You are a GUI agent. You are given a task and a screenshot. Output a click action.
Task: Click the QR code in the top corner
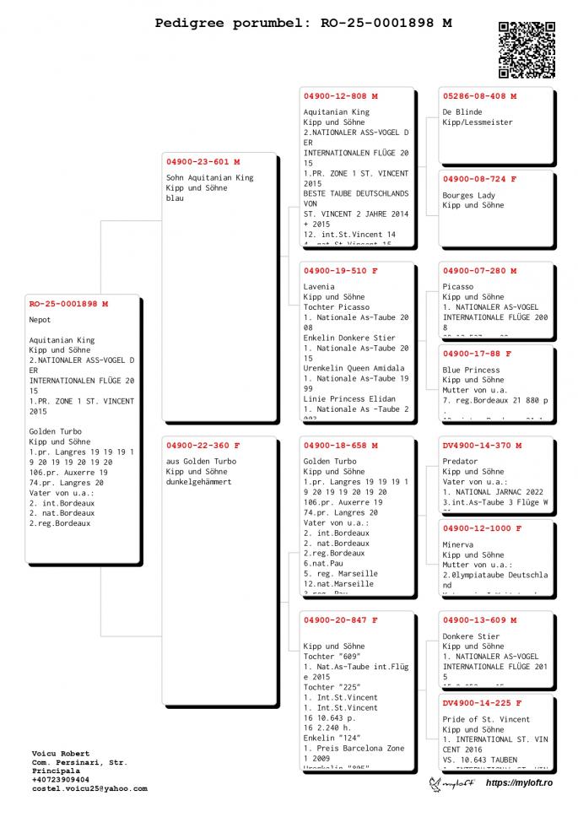[527, 49]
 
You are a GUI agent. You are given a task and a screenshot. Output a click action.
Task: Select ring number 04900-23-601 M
[203, 161]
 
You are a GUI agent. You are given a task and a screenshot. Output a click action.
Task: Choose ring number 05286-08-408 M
[479, 96]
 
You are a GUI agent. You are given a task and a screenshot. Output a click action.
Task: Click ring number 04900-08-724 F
[479, 179]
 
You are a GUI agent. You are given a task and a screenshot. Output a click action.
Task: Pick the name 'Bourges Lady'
[468, 195]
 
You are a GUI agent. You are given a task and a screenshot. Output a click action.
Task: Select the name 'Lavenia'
[319, 287]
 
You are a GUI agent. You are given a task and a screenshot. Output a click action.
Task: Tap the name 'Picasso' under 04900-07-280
[458, 287]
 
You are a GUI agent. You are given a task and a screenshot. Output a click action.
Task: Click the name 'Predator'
[460, 462]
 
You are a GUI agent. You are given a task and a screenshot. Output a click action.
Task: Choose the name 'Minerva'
[458, 544]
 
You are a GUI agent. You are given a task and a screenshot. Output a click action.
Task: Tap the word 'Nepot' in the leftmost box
[40, 320]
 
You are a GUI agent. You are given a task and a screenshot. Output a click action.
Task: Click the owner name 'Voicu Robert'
[60, 753]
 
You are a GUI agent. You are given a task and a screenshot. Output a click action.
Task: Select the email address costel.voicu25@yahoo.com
[89, 788]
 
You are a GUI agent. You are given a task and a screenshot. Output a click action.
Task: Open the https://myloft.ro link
[519, 783]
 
